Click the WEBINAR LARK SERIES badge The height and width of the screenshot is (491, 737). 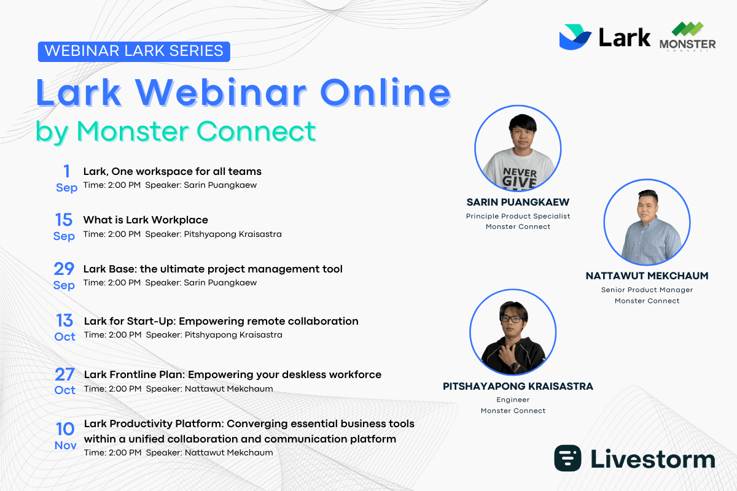pos(134,51)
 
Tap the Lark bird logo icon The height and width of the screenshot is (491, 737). pos(575,37)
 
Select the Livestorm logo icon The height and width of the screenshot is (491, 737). pos(568,458)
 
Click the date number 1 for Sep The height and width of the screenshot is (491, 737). pos(66,171)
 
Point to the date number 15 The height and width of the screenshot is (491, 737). pos(64,220)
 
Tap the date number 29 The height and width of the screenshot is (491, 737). pos(64,269)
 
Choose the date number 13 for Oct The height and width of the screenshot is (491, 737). pos(64,320)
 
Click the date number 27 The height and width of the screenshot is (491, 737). pos(64,374)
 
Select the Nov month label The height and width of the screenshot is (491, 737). pos(65,446)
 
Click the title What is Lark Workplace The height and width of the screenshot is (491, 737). pos(146,220)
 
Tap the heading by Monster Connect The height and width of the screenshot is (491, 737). pos(176,131)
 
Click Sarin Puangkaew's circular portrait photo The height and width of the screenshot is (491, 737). pos(518,150)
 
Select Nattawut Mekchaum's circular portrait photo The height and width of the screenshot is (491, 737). pos(647,222)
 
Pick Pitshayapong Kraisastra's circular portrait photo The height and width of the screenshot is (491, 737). pos(513,333)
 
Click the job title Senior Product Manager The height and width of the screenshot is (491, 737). pos(647,290)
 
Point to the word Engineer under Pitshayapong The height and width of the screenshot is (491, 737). pos(513,400)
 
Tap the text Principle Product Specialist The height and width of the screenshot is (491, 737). pos(518,216)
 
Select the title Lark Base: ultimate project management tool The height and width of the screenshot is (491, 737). pos(213,269)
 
